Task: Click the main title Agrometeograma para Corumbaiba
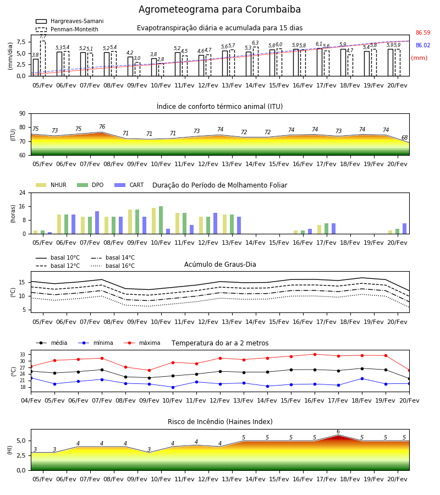[219, 9]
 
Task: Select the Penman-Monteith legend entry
[67, 29]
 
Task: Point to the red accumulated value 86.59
[423, 32]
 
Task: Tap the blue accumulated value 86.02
[423, 45]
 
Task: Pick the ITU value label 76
[102, 127]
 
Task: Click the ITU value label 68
[404, 137]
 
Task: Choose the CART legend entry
[129, 185]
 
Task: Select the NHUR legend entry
[51, 185]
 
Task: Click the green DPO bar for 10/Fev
[161, 220]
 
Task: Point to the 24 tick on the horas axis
[23, 193]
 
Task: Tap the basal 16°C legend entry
[113, 266]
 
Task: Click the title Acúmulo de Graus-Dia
[220, 264]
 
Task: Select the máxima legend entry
[142, 343]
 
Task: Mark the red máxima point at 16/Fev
[315, 354]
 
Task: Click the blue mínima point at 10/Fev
[173, 387]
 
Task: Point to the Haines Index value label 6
[338, 432]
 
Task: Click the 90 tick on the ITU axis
[23, 114]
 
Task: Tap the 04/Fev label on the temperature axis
[31, 400]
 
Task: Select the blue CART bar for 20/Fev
[405, 229]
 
